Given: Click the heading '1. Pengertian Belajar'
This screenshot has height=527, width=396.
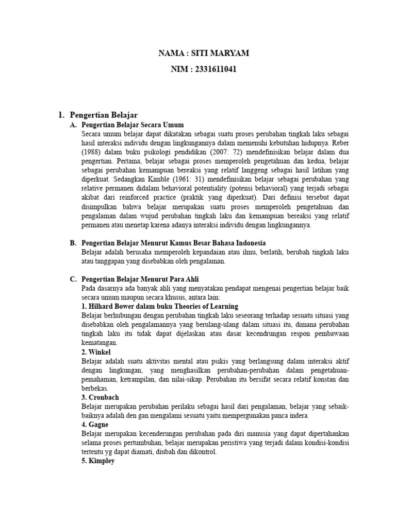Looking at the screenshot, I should [x=104, y=115].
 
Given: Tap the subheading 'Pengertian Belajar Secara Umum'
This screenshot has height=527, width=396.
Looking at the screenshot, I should [x=133, y=125].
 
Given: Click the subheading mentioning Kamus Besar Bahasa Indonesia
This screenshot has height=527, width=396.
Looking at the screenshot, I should [x=173, y=242].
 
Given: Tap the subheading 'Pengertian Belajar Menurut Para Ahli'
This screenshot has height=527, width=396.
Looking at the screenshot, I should [x=141, y=278].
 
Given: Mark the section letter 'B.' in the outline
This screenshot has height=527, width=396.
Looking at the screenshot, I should [x=73, y=242].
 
